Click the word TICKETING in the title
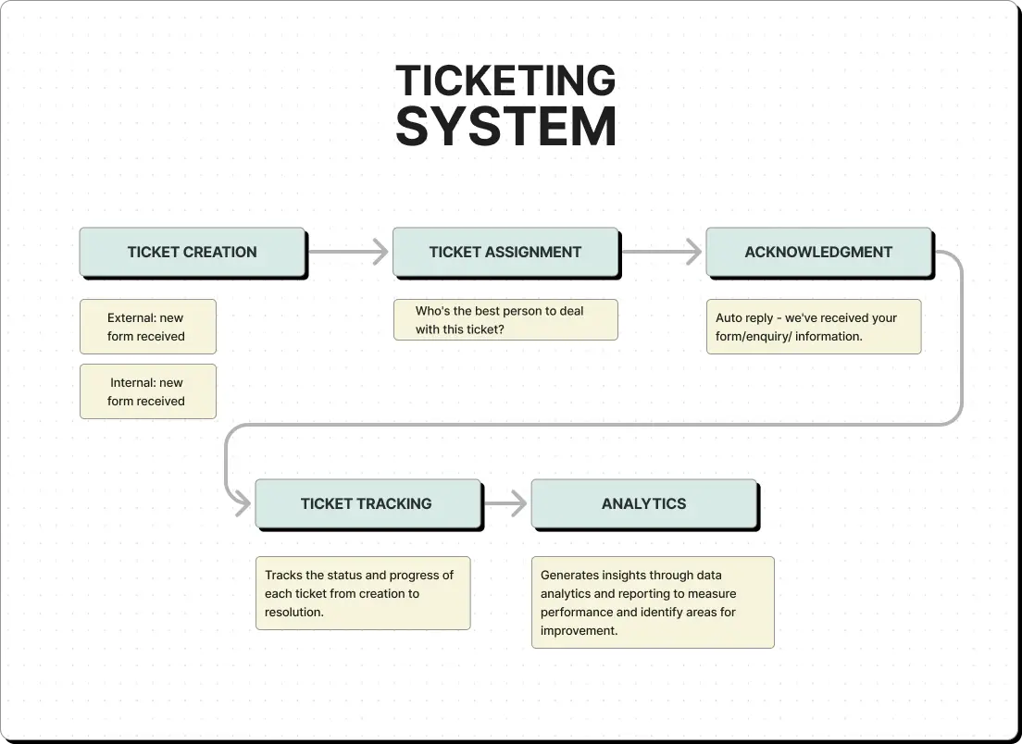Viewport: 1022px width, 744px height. [505, 81]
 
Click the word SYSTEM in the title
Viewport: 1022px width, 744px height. [505, 127]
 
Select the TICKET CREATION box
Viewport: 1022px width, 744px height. [193, 253]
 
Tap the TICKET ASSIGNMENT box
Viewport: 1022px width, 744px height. [506, 253]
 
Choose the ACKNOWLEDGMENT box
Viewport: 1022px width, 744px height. [820, 253]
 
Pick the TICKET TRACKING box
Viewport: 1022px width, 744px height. [369, 504]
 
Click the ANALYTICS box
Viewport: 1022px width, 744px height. [645, 504]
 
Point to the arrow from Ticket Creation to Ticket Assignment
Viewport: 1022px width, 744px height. [349, 252]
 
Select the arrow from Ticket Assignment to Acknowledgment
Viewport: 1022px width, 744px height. [662, 252]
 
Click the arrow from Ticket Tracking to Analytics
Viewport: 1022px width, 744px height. [505, 503]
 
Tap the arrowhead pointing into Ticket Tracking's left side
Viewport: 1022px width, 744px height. [243, 503]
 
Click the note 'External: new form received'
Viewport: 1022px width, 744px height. [148, 327]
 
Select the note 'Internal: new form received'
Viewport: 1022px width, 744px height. [148, 391]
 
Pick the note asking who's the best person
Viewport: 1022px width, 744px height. [505, 320]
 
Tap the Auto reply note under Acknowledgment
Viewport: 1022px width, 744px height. [814, 327]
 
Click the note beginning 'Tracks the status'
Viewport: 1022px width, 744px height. [363, 593]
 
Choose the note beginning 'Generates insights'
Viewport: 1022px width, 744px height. [653, 602]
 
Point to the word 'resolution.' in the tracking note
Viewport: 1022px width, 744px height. [294, 613]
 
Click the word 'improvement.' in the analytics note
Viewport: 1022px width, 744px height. [579, 631]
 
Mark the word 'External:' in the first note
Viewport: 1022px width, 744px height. [132, 318]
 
